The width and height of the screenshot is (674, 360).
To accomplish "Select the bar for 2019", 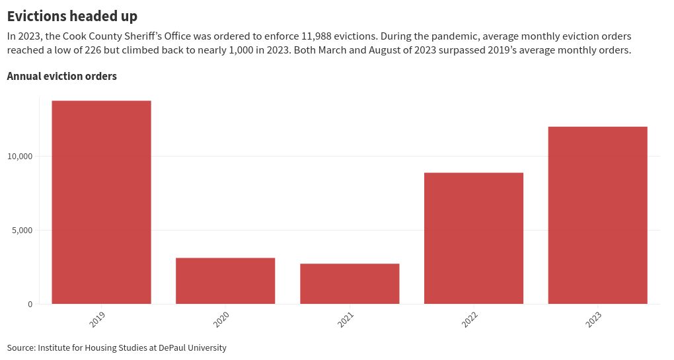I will pyautogui.click(x=101, y=202).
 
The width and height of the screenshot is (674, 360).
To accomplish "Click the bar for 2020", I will pyautogui.click(x=225, y=281).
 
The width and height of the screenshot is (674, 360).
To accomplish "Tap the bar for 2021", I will pyautogui.click(x=350, y=283).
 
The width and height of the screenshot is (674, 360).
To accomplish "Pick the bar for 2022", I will pyautogui.click(x=474, y=238).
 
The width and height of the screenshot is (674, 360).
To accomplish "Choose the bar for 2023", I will pyautogui.click(x=597, y=215).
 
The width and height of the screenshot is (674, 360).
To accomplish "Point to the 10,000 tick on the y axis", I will pyautogui.click(x=20, y=157).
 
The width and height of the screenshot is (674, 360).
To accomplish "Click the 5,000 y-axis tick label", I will pyautogui.click(x=22, y=231).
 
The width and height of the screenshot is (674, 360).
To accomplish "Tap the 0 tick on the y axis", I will pyautogui.click(x=30, y=305).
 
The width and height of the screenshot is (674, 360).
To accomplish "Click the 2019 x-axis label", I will pyautogui.click(x=98, y=320).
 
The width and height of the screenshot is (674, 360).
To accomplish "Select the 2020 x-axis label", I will pyautogui.click(x=222, y=320).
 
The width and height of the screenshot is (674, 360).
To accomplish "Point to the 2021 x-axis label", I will pyautogui.click(x=346, y=320).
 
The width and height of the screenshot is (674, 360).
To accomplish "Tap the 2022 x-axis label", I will pyautogui.click(x=470, y=320).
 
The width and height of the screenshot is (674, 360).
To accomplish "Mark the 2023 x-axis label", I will pyautogui.click(x=594, y=320).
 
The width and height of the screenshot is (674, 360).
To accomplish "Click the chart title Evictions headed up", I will pyautogui.click(x=72, y=16).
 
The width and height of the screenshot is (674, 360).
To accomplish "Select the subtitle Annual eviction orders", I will pyautogui.click(x=61, y=77).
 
